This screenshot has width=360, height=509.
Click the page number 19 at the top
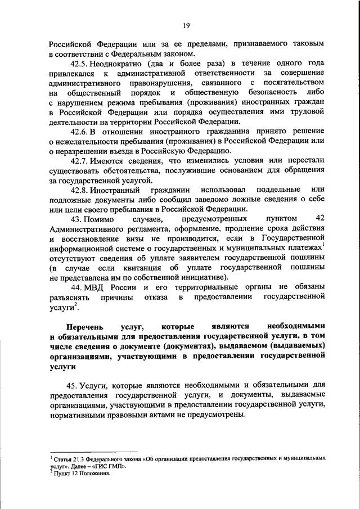point(186,24)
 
